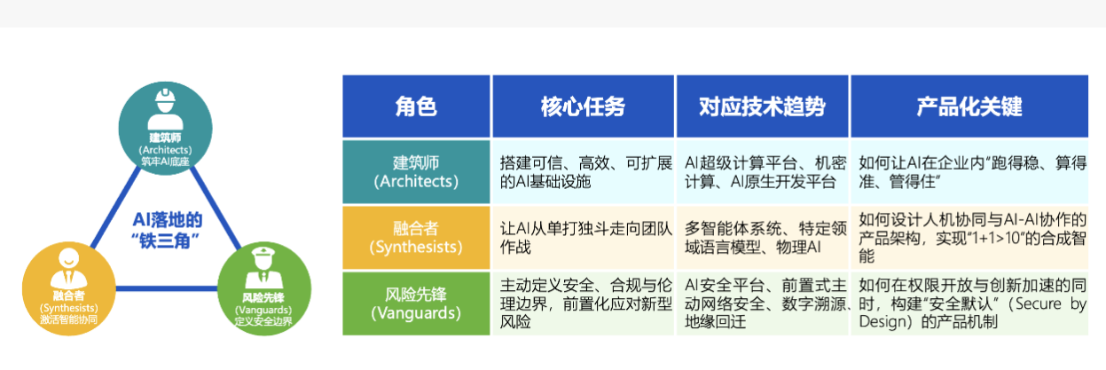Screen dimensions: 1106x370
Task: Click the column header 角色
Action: pos(416,106)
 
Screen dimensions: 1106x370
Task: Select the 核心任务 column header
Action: pos(583,106)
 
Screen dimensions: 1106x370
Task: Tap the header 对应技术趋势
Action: pos(763,106)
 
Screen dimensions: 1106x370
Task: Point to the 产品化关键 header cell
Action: pos(969,106)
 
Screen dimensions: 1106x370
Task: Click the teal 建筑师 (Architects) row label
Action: pos(416,172)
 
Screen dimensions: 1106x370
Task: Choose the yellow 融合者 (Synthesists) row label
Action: pos(416,238)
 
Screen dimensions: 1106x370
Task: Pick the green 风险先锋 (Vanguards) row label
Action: pos(416,303)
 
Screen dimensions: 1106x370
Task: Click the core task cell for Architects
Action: pos(583,172)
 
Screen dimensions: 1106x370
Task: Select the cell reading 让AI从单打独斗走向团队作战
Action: pos(583,238)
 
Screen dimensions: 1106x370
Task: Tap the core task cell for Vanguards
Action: pos(583,303)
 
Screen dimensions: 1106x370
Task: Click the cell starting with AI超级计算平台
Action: pos(763,172)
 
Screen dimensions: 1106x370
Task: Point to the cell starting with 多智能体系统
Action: pos(763,238)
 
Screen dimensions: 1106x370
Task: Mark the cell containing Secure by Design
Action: pos(969,303)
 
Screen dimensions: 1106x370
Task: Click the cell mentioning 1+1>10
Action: pos(969,238)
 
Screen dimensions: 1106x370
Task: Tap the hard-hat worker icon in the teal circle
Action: pos(165,109)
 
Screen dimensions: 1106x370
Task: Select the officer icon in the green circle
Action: pos(263,269)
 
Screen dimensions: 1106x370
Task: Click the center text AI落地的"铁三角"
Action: pos(167,230)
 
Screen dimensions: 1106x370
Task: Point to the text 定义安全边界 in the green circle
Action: pos(263,321)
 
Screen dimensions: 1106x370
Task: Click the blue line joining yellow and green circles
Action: pos(167,288)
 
